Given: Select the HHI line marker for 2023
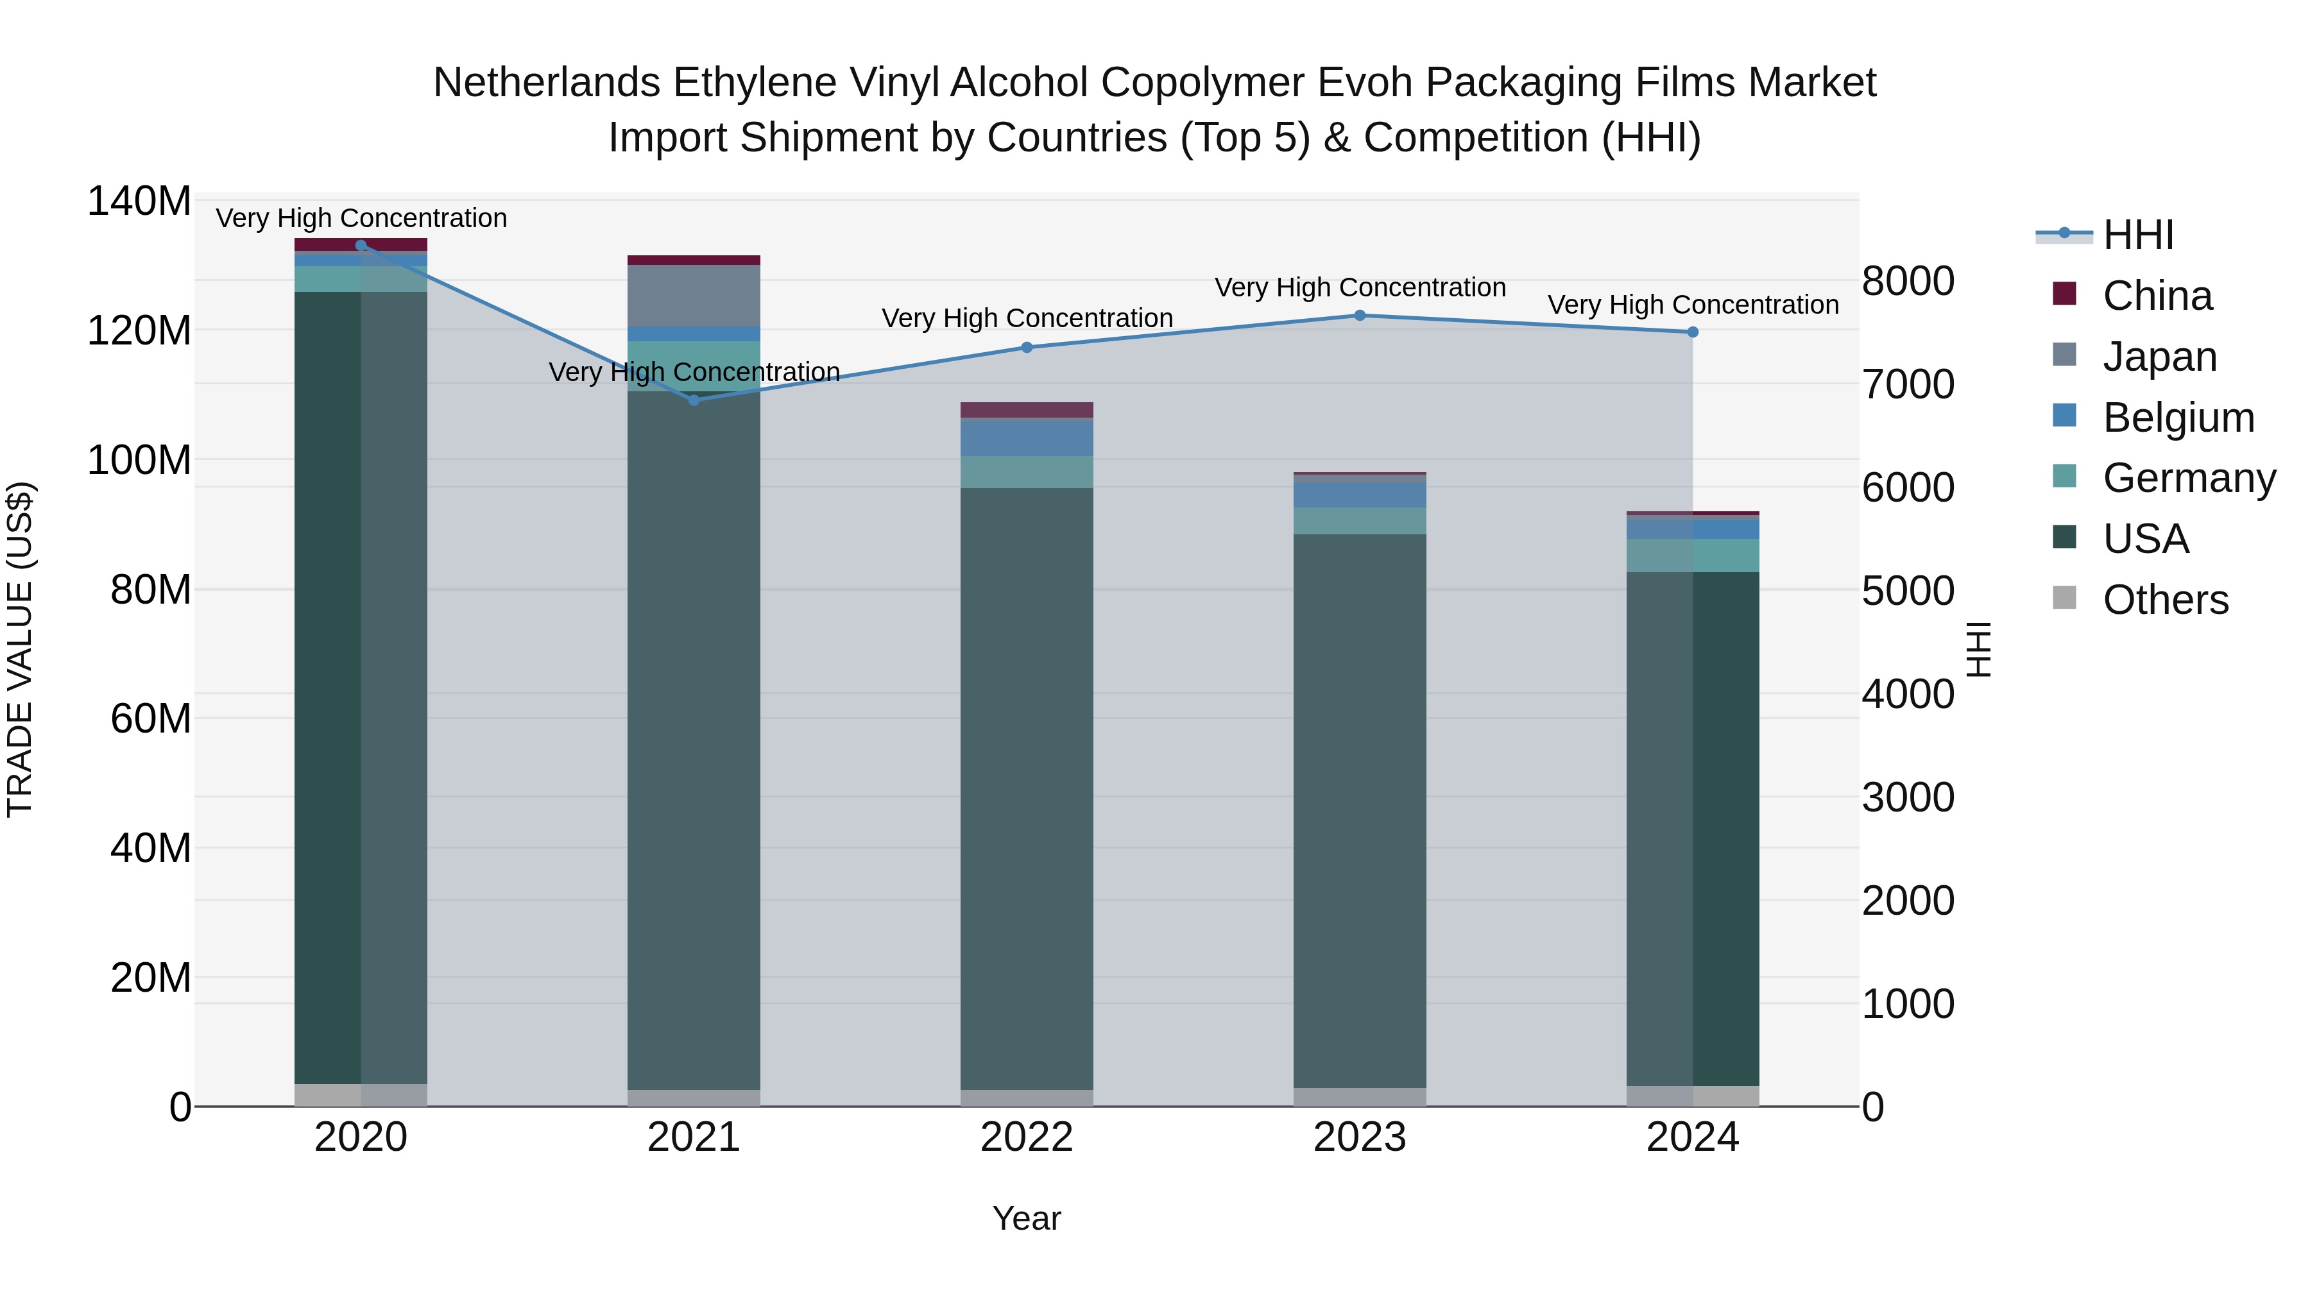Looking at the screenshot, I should point(1360,316).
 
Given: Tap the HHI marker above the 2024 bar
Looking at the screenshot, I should point(1692,332).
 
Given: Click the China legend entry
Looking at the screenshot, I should point(2157,296).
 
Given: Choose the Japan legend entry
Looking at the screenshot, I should point(2159,357).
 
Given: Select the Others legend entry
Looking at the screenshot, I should point(2165,600).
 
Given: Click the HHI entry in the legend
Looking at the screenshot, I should point(2138,235).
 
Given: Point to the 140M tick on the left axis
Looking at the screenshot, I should point(139,201).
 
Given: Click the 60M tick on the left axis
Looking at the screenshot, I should point(151,719).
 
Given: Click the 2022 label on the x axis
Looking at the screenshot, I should point(1026,1137).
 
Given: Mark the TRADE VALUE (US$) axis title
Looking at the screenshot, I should point(21,649).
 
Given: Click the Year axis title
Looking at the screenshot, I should point(1026,1218).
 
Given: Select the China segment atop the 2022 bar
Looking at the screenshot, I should point(1026,411).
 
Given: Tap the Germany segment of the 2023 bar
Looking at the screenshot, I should point(1360,521).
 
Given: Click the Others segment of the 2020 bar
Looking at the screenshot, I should point(361,1094).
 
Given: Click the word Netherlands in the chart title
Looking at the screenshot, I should point(547,83).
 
